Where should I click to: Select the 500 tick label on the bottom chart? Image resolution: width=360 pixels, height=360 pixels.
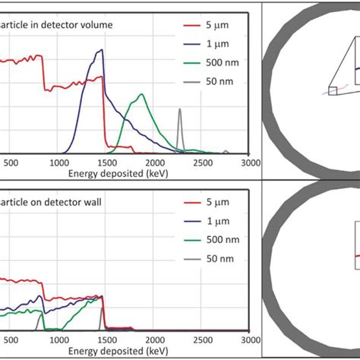pos(12,341)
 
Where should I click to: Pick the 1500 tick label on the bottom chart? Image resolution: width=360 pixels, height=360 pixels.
pos(107,341)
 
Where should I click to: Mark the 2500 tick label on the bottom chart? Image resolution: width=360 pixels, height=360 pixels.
pos(201,341)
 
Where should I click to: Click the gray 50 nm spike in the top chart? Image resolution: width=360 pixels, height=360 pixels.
pos(179,111)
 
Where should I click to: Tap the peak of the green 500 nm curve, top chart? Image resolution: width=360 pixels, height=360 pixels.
pos(141,95)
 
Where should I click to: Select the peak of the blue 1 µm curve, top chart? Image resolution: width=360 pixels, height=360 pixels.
pos(101,51)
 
